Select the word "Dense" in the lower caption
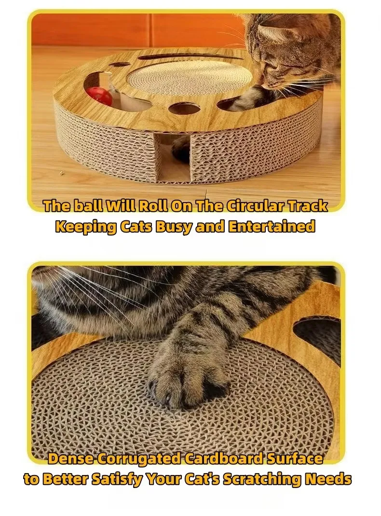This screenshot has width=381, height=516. tap(68, 459)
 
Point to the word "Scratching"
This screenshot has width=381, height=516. tap(262, 479)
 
